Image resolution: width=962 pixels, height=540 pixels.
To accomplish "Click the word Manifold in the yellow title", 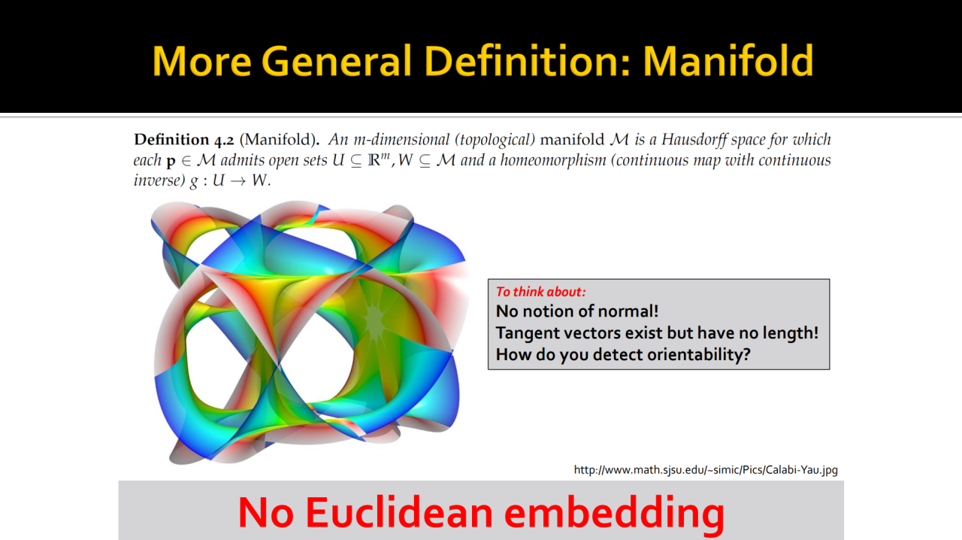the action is coord(728,61).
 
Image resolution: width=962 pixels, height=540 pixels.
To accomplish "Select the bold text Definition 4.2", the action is coord(184,140).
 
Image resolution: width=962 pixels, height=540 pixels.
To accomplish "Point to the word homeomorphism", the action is coord(552,160).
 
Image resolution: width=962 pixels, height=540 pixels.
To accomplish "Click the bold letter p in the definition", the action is coord(171,162).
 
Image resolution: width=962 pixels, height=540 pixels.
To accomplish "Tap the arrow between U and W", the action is coord(238,181).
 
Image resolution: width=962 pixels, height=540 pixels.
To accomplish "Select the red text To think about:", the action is coord(540,292).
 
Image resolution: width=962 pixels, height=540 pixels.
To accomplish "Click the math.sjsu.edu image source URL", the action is coord(706,470).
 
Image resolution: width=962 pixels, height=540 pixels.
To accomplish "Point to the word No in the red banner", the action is coord(266,512).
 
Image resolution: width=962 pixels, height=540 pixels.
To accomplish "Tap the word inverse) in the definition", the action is coord(159,181).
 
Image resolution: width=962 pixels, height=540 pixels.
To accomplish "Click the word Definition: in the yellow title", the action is coord(528,61).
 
